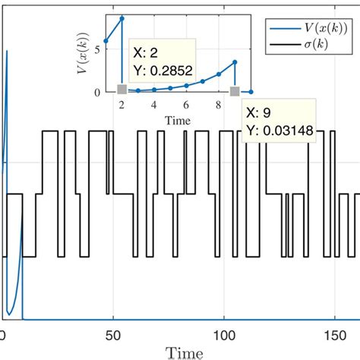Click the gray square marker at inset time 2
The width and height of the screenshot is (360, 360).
[x=122, y=90]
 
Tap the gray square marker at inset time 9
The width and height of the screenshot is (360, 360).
[x=235, y=91]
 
